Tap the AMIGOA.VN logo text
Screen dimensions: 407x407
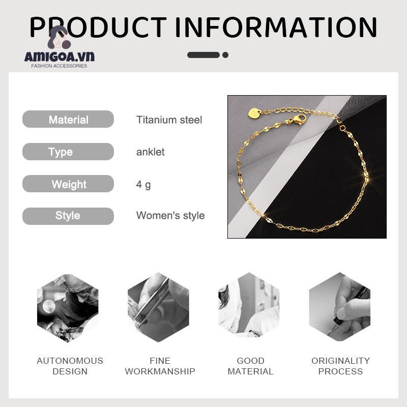pos(59,56)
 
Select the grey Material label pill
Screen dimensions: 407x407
pos(68,120)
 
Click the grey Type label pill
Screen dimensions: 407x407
pos(68,152)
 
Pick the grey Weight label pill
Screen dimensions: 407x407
pos(68,184)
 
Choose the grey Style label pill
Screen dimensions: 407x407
pos(68,216)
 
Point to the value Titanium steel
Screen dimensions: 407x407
pos(169,120)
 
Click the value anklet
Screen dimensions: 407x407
pos(150,152)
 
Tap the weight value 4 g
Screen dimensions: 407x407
pos(143,184)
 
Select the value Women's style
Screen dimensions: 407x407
pos(170,216)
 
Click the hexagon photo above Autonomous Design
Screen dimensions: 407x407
pos(68,308)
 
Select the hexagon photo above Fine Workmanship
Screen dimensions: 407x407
pos(158,308)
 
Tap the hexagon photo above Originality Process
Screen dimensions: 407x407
pos(339,307)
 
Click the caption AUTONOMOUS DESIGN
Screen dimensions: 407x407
pos(70,366)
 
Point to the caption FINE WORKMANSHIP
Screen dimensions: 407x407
pos(160,366)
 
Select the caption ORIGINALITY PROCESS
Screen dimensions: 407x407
pos(340,366)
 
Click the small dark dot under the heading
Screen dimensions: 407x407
pos(225,55)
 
